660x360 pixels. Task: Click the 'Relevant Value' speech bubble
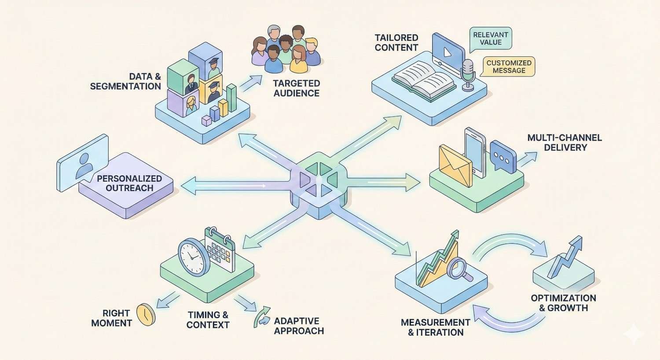[x=491, y=38]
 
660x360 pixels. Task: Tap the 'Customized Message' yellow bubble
[x=509, y=66]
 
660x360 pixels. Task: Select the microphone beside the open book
[x=467, y=73]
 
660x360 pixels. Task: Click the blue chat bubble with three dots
[x=502, y=156]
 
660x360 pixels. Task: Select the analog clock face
[x=192, y=256]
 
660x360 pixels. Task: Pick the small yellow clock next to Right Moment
[x=145, y=314]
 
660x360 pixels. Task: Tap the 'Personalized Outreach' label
[x=129, y=183]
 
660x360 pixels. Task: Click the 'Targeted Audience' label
[x=296, y=88]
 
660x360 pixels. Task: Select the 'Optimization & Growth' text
[x=563, y=303]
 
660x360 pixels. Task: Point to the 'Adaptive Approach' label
[x=299, y=326]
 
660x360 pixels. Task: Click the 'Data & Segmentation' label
[x=125, y=81]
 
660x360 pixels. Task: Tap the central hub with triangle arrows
[x=318, y=180]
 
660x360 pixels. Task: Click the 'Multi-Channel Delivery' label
[x=565, y=142]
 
